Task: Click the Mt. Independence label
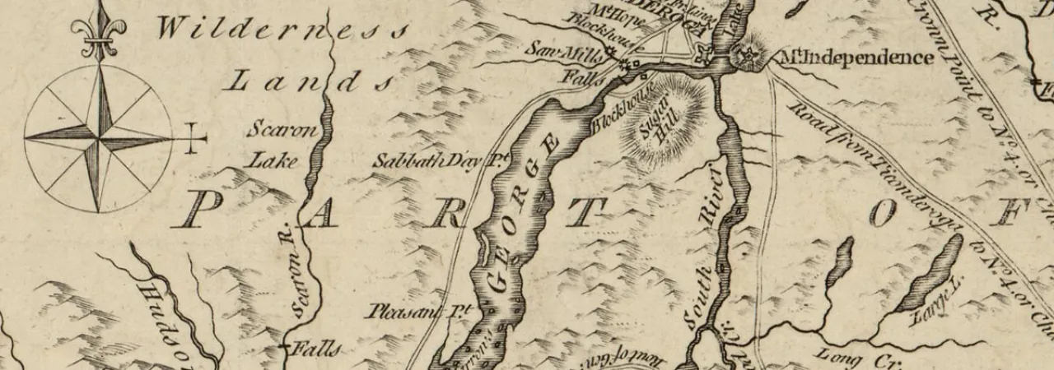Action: point(856,58)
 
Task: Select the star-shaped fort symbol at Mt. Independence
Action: point(747,56)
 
